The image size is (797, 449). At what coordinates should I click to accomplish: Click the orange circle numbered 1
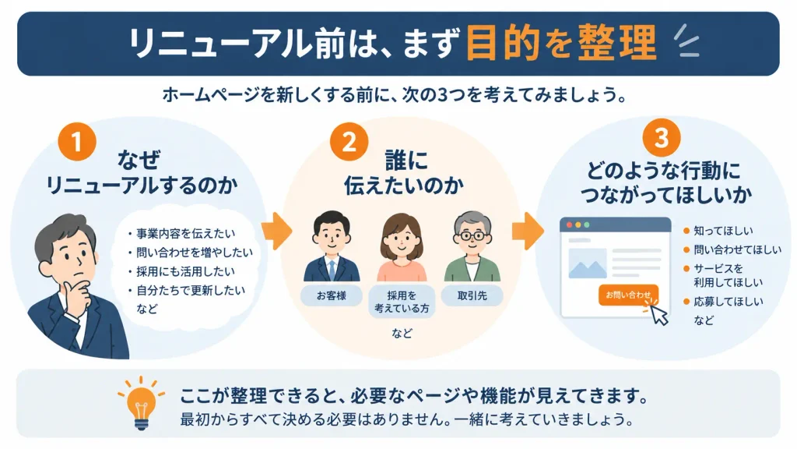pos(77,142)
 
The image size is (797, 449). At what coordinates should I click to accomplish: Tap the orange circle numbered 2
pos(349,142)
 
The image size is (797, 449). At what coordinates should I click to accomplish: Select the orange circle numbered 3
pos(662,138)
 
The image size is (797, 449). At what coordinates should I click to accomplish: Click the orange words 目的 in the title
pos(503,43)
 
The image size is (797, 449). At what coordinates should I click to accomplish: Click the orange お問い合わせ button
pos(628,295)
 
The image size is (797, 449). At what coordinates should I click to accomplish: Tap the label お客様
pos(332,295)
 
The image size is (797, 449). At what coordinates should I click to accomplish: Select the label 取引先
pos(472,295)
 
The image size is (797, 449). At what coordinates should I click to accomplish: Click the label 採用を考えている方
pos(402,302)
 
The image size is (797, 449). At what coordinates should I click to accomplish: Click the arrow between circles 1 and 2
pos(277,231)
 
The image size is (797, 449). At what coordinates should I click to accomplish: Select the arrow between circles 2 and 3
pos(528,231)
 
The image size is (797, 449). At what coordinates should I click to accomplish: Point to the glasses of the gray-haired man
pos(472,235)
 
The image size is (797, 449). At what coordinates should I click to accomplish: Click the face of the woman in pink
pos(401,239)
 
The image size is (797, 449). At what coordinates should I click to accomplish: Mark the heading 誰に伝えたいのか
pos(404,172)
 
